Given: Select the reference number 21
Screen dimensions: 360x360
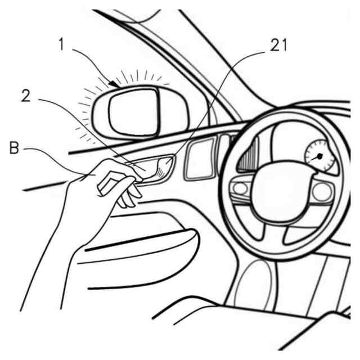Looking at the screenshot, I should (x=278, y=46).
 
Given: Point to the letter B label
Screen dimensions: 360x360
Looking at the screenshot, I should (x=15, y=150).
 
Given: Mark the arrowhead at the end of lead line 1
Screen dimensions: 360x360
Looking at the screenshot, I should (x=115, y=84).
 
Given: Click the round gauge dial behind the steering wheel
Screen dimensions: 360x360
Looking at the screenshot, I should (x=319, y=157).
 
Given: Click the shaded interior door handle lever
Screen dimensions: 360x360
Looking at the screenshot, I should (x=161, y=168).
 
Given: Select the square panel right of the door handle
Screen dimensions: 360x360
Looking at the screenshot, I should (x=199, y=159).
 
